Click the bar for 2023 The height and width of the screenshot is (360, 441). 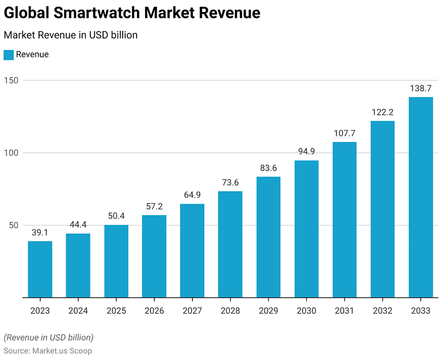coord(40,269)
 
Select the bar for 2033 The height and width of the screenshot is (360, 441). coord(421,197)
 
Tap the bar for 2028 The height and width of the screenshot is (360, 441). coord(230,244)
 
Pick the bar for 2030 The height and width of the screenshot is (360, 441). coord(306,229)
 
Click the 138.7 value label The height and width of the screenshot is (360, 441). coord(421,89)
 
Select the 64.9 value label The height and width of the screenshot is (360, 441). coord(192,195)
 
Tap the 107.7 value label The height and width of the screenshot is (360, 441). coord(344,133)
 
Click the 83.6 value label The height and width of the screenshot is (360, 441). coord(268,168)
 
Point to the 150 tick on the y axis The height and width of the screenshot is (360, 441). coord(11,81)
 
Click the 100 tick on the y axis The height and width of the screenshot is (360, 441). coord(11,153)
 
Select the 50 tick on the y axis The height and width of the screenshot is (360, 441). coord(13,225)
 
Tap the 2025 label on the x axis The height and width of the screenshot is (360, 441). coord(116,311)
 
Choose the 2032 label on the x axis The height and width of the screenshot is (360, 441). coord(383,311)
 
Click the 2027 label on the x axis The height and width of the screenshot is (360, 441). coord(192,311)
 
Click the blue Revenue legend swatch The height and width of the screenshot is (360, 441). coord(9,55)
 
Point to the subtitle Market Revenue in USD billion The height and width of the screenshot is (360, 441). coord(70,35)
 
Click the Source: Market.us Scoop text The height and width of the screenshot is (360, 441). coord(48,350)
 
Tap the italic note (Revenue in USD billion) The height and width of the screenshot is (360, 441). coord(48,337)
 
